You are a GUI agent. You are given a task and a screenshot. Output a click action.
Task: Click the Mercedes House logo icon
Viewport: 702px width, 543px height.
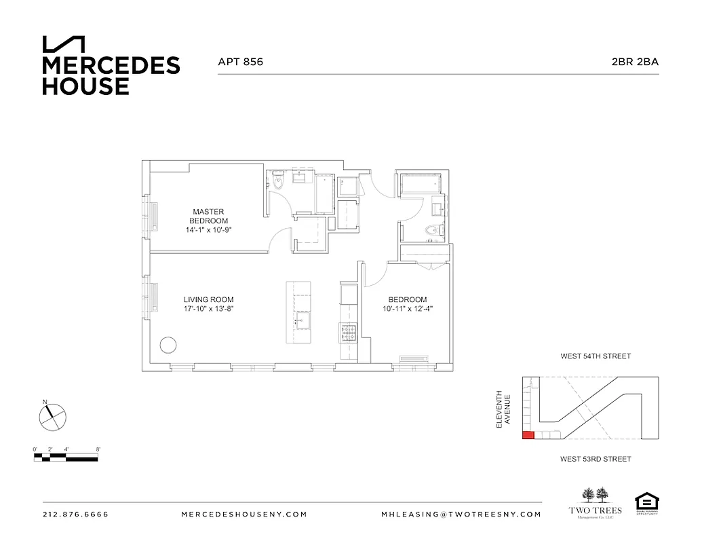click(x=64, y=44)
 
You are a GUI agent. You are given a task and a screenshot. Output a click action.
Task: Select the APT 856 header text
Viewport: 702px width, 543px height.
click(x=240, y=62)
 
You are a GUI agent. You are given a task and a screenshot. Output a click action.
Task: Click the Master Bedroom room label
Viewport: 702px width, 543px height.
click(x=208, y=216)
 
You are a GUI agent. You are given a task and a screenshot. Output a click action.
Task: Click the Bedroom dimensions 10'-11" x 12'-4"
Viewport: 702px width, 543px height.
click(x=407, y=309)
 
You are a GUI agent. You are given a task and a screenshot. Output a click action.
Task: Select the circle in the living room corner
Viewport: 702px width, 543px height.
click(x=168, y=345)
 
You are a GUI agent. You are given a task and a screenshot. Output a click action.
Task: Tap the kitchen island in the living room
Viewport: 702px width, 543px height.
click(x=299, y=314)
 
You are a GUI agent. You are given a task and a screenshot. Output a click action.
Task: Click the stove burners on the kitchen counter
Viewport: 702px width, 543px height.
click(x=348, y=333)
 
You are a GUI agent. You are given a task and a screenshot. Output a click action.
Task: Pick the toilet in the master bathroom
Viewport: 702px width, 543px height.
click(x=277, y=181)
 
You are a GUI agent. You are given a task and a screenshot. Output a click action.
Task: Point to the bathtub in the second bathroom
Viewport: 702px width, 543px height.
click(x=421, y=184)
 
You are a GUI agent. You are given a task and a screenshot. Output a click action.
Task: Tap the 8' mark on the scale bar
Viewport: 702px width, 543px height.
click(x=99, y=449)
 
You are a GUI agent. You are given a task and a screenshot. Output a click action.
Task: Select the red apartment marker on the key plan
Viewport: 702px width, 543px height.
click(x=528, y=435)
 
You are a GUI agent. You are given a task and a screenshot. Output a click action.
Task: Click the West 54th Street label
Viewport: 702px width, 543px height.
click(x=596, y=356)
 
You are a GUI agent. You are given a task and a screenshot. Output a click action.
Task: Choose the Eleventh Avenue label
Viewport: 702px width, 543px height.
click(x=502, y=409)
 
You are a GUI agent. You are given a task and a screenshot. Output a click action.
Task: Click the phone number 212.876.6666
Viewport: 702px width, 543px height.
click(x=75, y=514)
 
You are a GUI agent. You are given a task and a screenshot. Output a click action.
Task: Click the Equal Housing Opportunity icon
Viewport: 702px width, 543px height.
click(x=646, y=503)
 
